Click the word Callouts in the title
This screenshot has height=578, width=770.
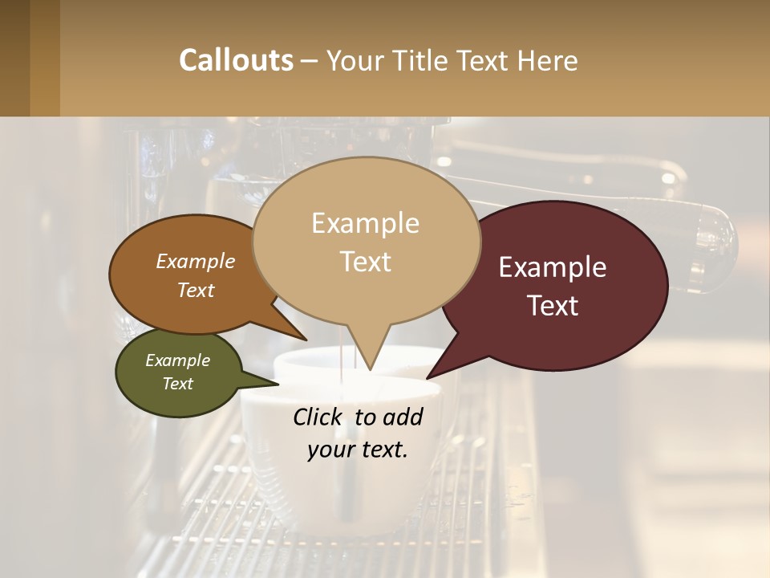(236, 60)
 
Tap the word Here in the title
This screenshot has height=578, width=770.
(548, 60)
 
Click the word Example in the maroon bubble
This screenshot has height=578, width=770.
(553, 267)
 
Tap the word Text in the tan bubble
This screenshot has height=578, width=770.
(366, 261)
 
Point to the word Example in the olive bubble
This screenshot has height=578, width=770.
(177, 360)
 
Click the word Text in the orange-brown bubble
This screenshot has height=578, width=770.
(196, 290)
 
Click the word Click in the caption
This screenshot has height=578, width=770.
(318, 417)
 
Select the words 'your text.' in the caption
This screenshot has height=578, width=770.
(357, 450)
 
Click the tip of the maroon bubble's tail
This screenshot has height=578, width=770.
(428, 377)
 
